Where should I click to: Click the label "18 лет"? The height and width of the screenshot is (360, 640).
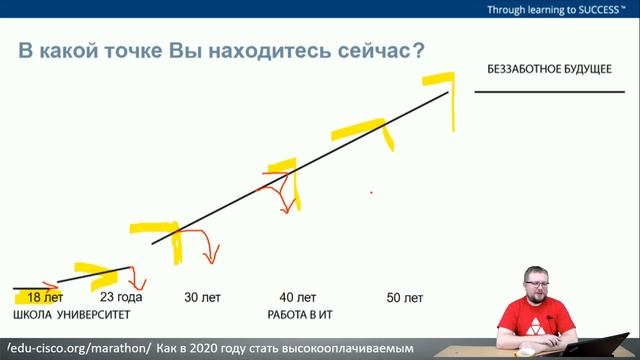coord(45,297)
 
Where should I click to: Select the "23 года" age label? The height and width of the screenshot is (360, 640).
coord(121,297)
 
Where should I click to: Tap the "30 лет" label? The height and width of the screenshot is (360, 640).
coord(203,297)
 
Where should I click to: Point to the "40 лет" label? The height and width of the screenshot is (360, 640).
coord(297,297)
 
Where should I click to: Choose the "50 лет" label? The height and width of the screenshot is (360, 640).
coord(404,297)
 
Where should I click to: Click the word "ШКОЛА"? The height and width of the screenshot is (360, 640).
coord(33,315)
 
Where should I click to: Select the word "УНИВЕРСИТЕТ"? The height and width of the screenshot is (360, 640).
coord(95,315)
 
